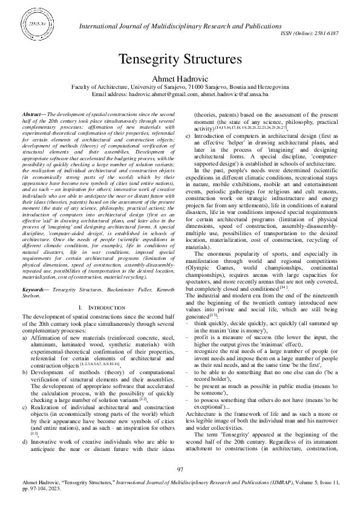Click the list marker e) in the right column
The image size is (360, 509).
[x=188, y=136]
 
